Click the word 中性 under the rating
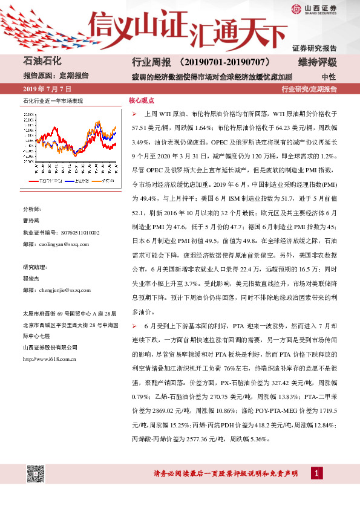click(x=329, y=77)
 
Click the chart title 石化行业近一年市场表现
click(x=53, y=100)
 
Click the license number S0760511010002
click(x=74, y=233)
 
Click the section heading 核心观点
click(x=141, y=100)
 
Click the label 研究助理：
click(x=35, y=267)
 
